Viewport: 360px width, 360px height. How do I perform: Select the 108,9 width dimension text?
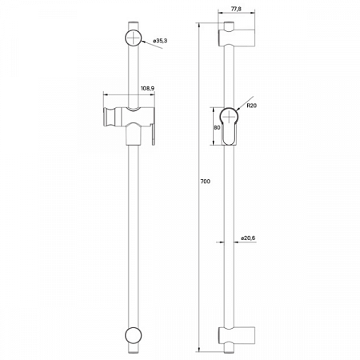pos(147,89)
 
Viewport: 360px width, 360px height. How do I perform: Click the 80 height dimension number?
pos(217,126)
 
